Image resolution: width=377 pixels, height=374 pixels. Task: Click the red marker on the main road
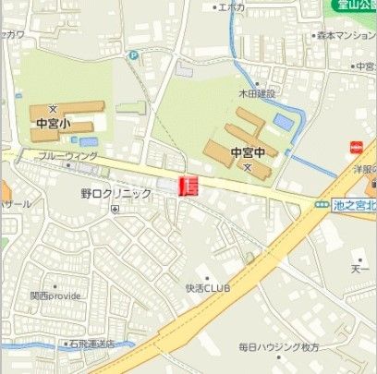[x=188, y=185]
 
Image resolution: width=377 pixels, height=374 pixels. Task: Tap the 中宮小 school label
[x=55, y=121]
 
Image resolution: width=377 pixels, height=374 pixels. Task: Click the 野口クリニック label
[x=116, y=194]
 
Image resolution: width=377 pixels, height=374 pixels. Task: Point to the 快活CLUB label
[x=206, y=287]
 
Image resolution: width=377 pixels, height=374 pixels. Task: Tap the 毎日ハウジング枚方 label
[x=278, y=346]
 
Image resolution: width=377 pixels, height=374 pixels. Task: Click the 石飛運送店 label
[x=90, y=344]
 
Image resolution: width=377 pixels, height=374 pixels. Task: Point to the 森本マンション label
[x=347, y=35]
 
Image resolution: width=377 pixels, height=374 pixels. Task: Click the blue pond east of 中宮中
[x=283, y=120]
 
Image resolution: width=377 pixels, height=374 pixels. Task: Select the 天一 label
[x=360, y=270]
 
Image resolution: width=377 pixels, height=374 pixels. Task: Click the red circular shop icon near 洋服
[x=356, y=146]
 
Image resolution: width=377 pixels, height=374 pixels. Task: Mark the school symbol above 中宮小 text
[x=53, y=108]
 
